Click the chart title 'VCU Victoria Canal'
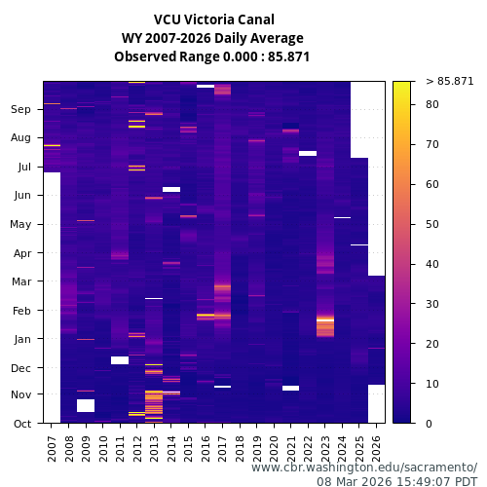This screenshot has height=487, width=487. pyautogui.click(x=213, y=19)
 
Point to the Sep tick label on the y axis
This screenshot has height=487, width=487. pyautogui.click(x=21, y=110)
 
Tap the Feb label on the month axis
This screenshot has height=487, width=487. pyautogui.click(x=21, y=311)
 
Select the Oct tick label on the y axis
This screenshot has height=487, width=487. pyautogui.click(x=21, y=424)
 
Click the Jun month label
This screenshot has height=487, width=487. pyautogui.click(x=21, y=196)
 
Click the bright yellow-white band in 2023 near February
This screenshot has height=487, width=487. pyautogui.click(x=325, y=319)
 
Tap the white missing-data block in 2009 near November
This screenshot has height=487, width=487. pyautogui.click(x=86, y=405)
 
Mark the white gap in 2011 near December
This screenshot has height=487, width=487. pyautogui.click(x=120, y=360)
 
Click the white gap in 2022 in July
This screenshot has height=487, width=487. pyautogui.click(x=308, y=153)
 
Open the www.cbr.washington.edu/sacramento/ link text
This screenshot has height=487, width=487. pyautogui.click(x=364, y=468)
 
